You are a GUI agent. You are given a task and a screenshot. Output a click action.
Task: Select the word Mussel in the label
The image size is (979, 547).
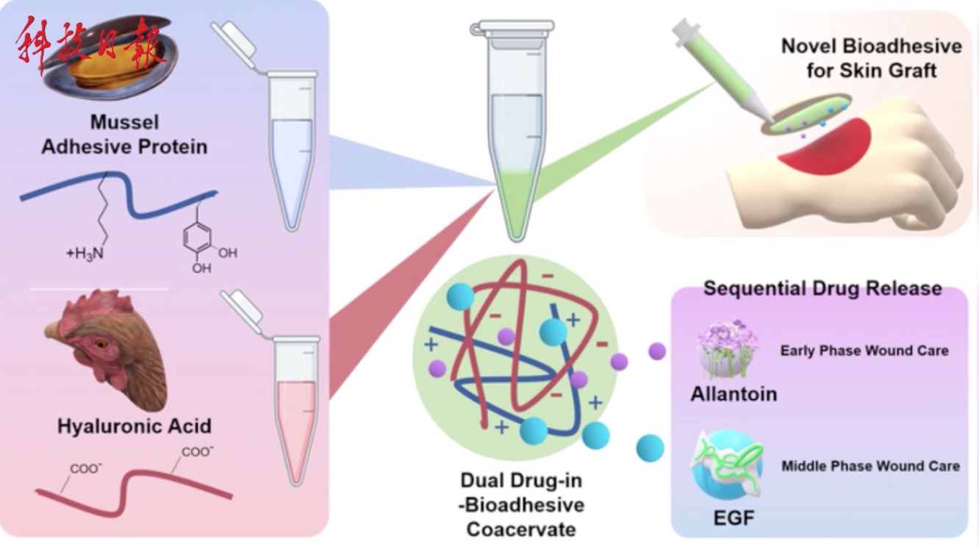pyautogui.click(x=124, y=122)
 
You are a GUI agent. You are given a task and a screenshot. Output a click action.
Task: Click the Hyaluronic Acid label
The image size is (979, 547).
pyautogui.click(x=135, y=426)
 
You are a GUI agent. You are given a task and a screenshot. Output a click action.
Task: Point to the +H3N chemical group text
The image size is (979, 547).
pyautogui.click(x=85, y=254)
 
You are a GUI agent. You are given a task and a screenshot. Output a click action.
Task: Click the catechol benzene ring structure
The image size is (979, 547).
pyautogui.click(x=197, y=238)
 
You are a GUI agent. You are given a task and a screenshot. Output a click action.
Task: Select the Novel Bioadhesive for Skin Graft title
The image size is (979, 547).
pyautogui.click(x=872, y=58)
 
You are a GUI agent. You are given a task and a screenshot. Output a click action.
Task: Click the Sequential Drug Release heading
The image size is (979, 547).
pyautogui.click(x=822, y=289)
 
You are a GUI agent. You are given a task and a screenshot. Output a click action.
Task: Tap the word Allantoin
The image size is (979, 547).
pyautogui.click(x=734, y=394)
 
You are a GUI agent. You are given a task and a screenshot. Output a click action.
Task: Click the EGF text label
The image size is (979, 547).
pyautogui.click(x=734, y=518)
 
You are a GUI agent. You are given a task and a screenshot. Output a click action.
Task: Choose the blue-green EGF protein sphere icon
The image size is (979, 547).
pyautogui.click(x=727, y=465)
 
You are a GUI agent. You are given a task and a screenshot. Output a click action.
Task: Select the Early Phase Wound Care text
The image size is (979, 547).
pyautogui.click(x=864, y=351)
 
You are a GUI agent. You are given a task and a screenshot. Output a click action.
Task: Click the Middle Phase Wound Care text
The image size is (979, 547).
pyautogui.click(x=871, y=466)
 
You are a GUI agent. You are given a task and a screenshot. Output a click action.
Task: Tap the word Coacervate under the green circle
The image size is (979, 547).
pyautogui.click(x=521, y=529)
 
